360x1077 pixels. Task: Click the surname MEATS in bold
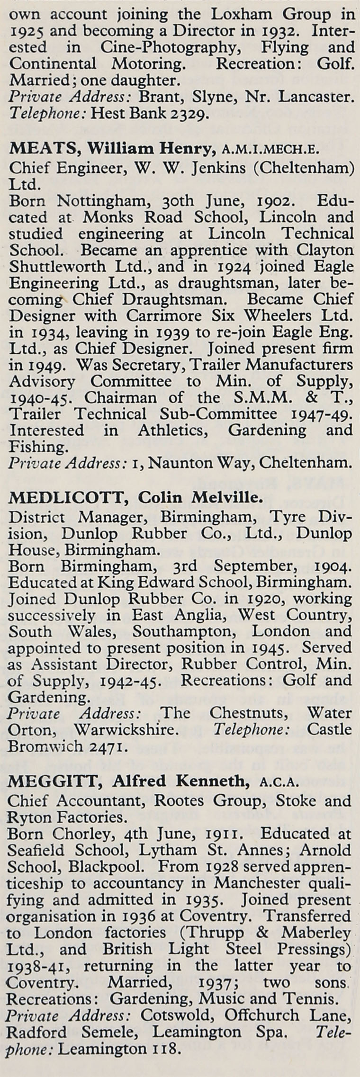click(41, 149)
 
